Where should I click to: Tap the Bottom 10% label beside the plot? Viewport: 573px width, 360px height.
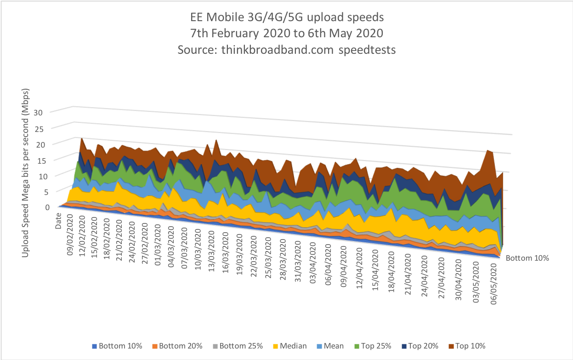528,258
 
